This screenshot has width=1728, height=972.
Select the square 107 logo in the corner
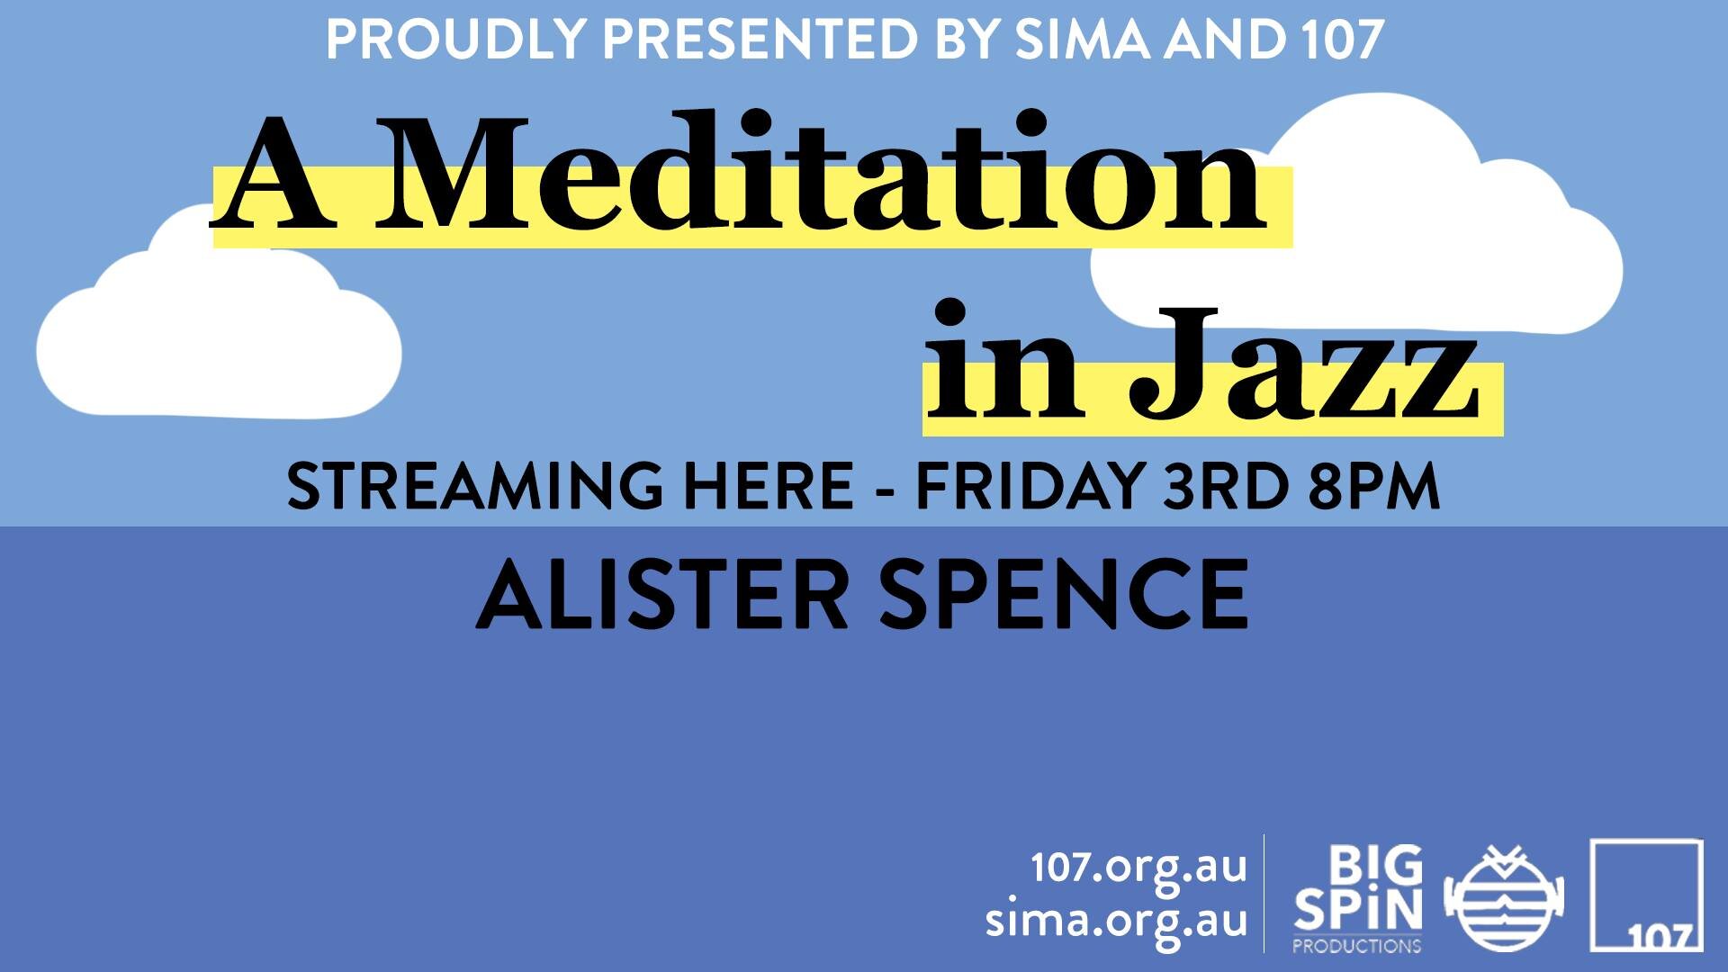(1646, 895)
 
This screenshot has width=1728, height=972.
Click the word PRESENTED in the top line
(761, 40)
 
